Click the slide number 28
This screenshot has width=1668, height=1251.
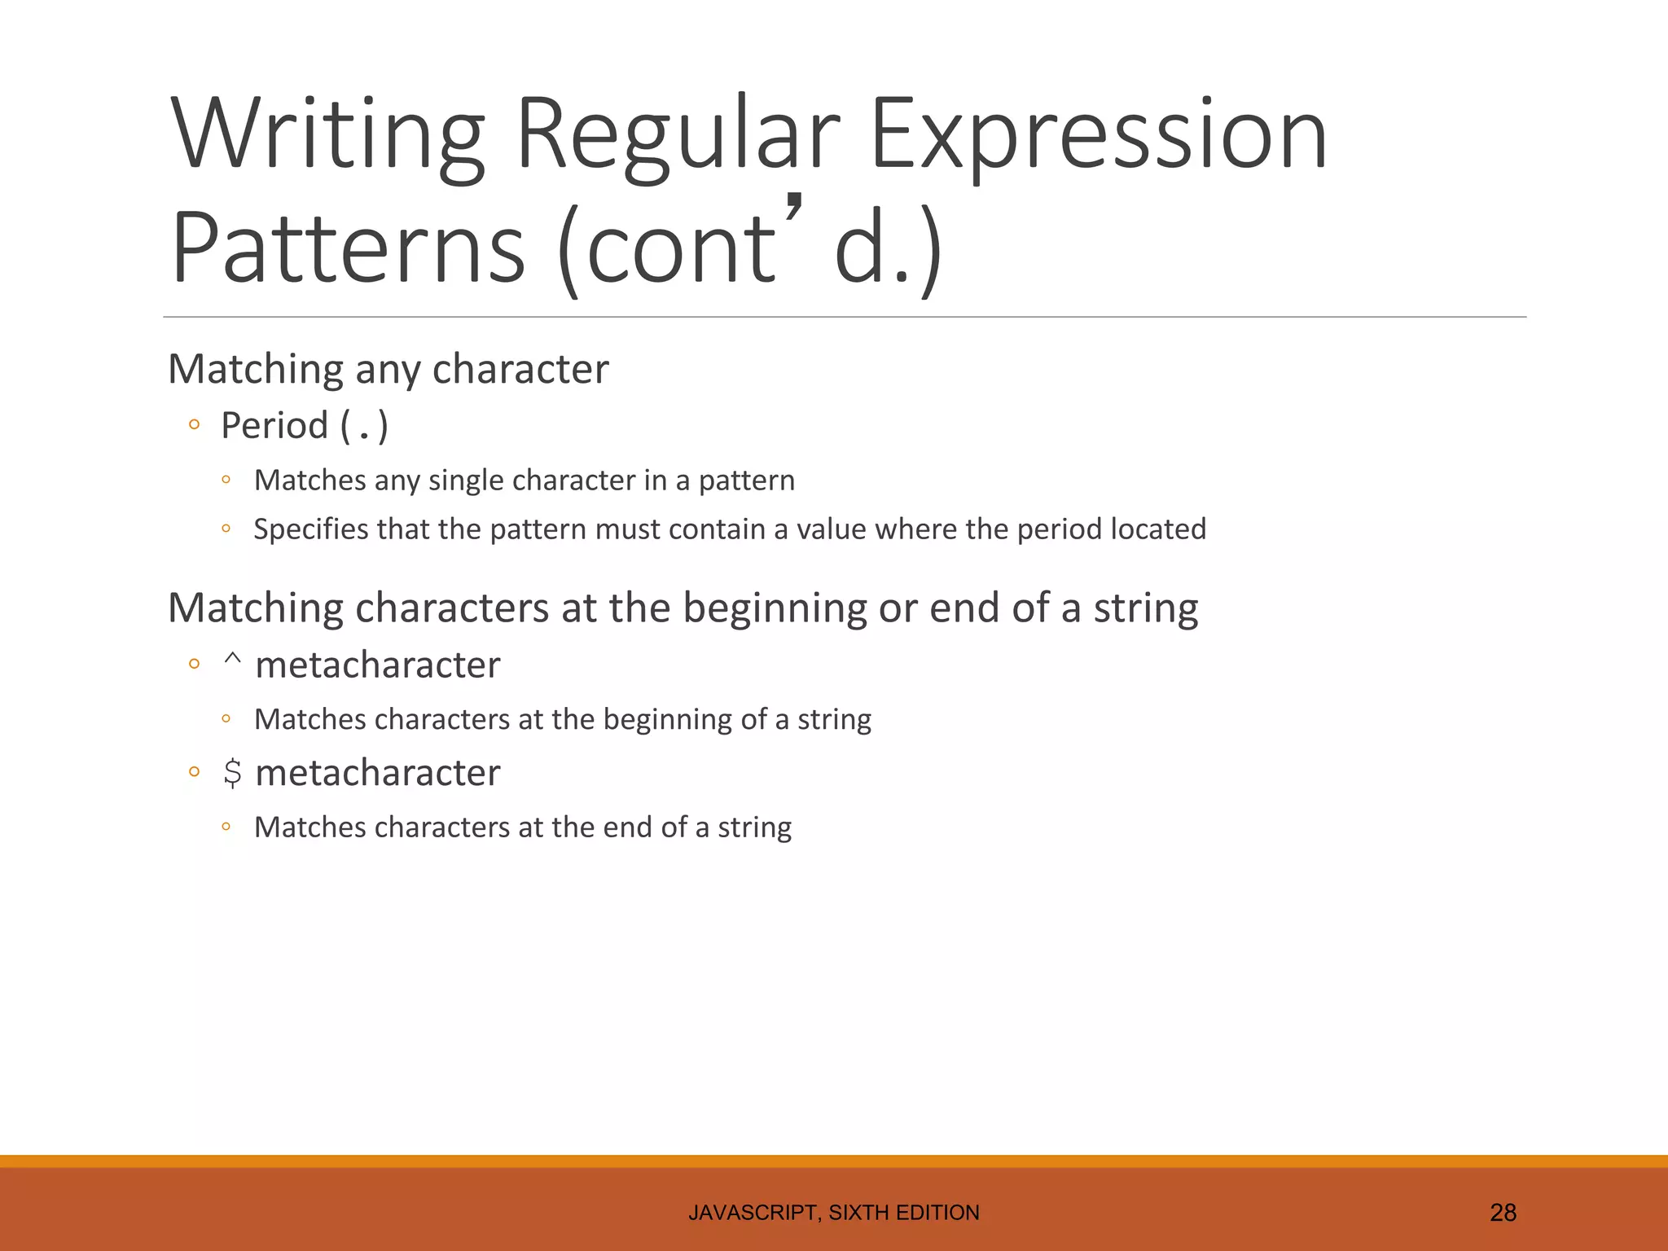click(x=1503, y=1213)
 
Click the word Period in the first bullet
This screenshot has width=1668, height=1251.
click(x=274, y=425)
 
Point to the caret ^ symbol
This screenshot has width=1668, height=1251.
click(x=232, y=658)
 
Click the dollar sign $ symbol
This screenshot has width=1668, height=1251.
click(x=232, y=773)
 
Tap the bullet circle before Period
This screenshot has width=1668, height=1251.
click(x=194, y=424)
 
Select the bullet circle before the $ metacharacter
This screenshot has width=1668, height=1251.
click(x=194, y=772)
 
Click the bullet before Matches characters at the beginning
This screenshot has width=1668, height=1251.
click(x=226, y=719)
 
